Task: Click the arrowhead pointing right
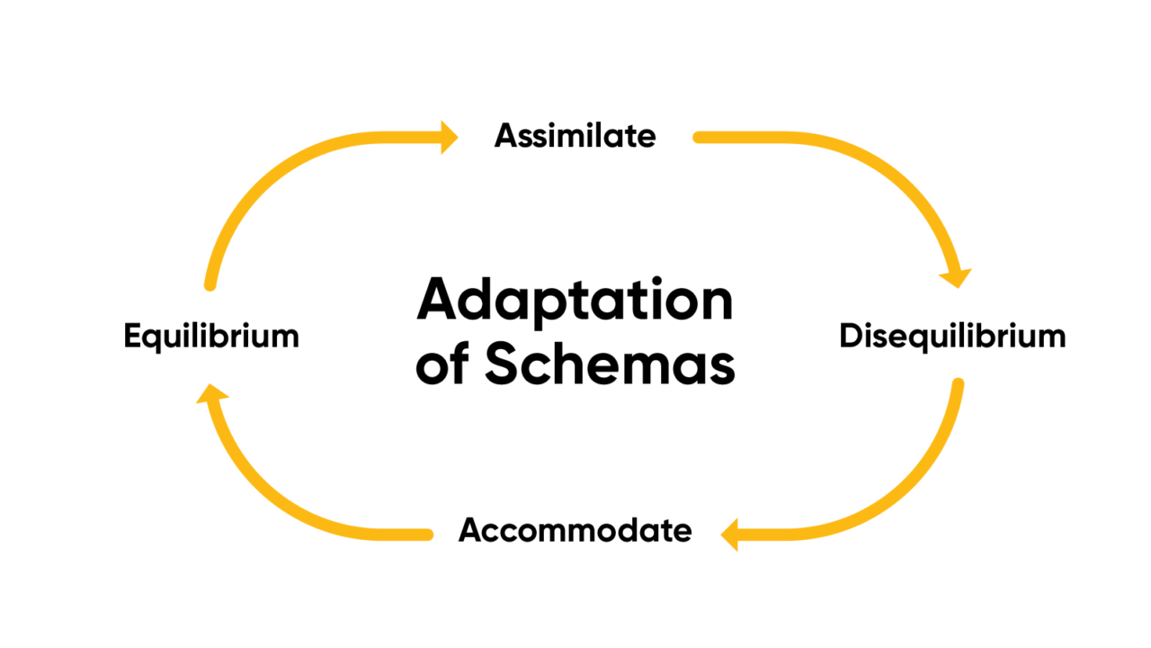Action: [x=449, y=138]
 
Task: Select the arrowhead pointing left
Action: [x=730, y=535]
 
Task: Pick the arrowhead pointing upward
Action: [x=212, y=394]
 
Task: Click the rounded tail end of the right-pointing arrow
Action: [x=210, y=286]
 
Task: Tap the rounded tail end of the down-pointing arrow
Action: [x=698, y=138]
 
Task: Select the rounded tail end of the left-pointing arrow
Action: [x=959, y=383]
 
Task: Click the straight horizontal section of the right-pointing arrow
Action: [x=405, y=138]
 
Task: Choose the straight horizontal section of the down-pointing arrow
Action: [x=746, y=138]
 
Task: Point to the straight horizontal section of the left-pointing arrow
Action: [x=764, y=535]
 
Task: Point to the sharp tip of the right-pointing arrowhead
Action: [x=460, y=138]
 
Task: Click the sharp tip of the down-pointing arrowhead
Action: [x=959, y=289]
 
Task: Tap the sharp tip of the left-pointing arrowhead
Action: [x=719, y=535]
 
